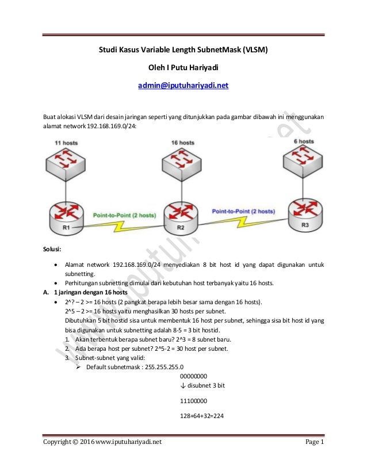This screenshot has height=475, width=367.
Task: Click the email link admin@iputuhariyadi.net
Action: (x=183, y=86)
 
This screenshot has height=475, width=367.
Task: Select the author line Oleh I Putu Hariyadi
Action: (x=183, y=68)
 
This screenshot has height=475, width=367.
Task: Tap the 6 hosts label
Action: (x=303, y=141)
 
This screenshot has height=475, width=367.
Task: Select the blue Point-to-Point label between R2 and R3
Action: (x=243, y=211)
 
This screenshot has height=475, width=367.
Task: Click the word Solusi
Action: (x=55, y=250)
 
